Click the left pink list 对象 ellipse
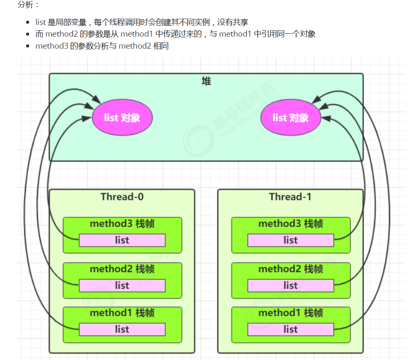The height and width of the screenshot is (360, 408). (122, 118)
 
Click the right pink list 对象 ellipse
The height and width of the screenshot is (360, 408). (291, 118)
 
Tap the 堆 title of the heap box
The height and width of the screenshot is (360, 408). (206, 81)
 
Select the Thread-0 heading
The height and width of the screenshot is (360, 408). (122, 197)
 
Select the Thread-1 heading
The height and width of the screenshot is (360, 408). (290, 197)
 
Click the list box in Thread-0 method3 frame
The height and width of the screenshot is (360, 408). (122, 240)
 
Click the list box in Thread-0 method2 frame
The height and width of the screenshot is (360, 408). (122, 286)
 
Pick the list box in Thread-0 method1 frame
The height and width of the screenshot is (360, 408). (122, 330)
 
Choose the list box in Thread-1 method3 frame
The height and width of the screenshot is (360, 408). (290, 240)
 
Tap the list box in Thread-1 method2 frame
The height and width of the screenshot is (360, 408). (290, 286)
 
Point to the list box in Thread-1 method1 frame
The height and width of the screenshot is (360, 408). (290, 330)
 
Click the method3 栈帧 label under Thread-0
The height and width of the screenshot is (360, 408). (122, 224)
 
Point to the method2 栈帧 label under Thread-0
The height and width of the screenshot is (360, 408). (122, 269)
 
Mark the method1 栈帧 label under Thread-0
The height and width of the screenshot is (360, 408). (122, 313)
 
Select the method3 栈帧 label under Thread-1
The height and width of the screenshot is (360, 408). (290, 224)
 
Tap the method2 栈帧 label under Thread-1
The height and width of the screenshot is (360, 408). (290, 269)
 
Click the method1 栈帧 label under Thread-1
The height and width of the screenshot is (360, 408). (290, 313)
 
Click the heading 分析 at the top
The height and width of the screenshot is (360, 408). (25, 5)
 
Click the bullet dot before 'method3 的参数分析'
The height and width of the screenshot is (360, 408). (28, 46)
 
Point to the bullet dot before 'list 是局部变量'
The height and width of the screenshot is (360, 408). (28, 22)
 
